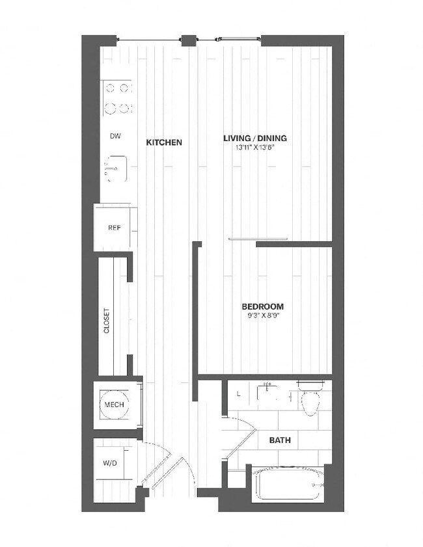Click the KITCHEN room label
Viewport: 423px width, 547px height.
(x=164, y=142)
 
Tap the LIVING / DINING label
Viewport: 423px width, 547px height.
(x=255, y=138)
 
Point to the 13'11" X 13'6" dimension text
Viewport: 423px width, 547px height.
(x=255, y=148)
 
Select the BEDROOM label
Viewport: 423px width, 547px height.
(x=263, y=306)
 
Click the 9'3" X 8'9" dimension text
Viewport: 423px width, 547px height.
(x=263, y=315)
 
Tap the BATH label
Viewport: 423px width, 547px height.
(x=280, y=440)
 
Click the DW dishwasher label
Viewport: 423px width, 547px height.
(x=115, y=136)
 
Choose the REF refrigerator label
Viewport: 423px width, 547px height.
(x=115, y=228)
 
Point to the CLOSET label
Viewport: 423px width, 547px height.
(x=107, y=320)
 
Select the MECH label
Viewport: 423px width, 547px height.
(x=114, y=405)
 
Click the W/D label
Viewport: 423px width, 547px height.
(x=110, y=463)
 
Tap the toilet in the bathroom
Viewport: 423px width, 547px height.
(x=310, y=398)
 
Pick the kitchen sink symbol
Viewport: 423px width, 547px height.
(x=116, y=169)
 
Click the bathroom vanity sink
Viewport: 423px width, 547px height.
(x=267, y=392)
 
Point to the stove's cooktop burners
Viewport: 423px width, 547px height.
(x=117, y=98)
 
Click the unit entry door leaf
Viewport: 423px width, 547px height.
(x=163, y=472)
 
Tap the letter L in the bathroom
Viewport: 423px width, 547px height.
(x=239, y=394)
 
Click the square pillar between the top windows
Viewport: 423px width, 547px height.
(x=189, y=40)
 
